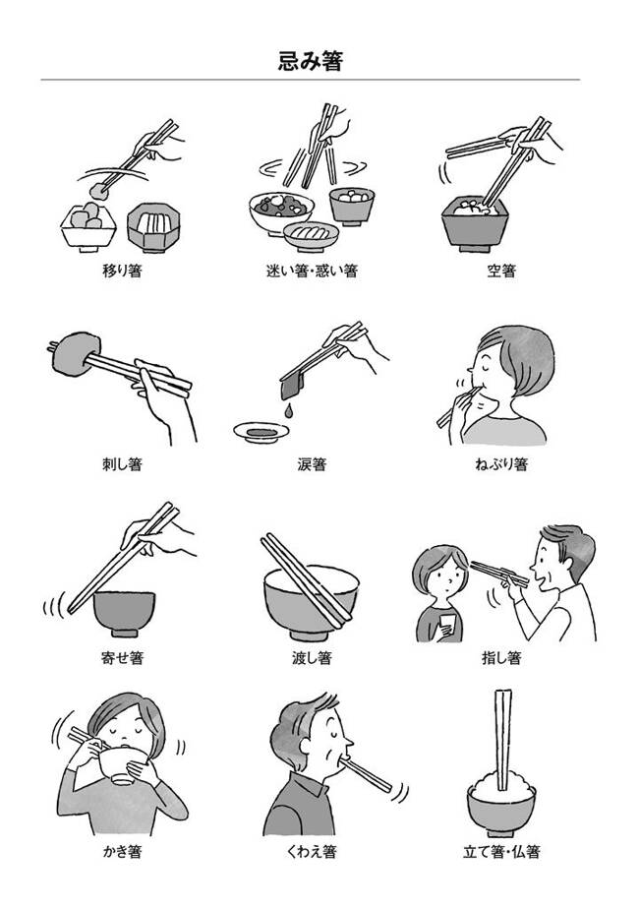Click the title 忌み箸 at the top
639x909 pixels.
[x=311, y=61]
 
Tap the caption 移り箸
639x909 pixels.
[x=122, y=271]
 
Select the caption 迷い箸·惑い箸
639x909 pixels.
[x=312, y=271]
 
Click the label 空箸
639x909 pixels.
[x=501, y=271]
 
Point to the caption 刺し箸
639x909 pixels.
[x=122, y=464]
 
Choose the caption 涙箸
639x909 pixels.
[x=312, y=464]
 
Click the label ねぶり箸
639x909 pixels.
[x=501, y=464]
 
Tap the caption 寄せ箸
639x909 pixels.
[x=122, y=658]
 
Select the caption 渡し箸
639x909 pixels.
[x=312, y=658]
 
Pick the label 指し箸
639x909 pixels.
[x=501, y=658]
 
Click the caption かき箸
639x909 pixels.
[x=122, y=852]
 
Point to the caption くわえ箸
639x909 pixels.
[x=312, y=852]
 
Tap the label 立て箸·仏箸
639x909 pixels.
[x=501, y=852]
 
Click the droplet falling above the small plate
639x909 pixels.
[x=288, y=411]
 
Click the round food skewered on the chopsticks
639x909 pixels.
[x=75, y=353]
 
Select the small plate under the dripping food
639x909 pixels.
[x=261, y=433]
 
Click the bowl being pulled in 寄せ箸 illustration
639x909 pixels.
[x=124, y=613]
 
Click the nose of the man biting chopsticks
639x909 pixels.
[x=347, y=742]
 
